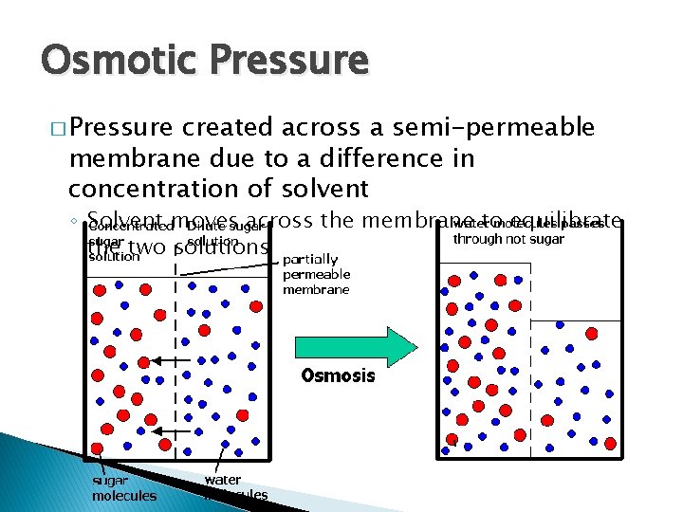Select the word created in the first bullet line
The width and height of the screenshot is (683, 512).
coord(229,128)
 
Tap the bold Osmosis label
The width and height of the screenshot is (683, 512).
coord(338,375)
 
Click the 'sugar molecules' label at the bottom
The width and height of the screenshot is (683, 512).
coord(123,487)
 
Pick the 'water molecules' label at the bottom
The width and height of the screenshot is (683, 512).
coord(235,487)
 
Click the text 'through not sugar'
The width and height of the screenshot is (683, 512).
coord(508,239)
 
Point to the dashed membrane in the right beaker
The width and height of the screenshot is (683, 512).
coord(529,360)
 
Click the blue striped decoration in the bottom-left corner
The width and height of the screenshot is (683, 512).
coord(24,474)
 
